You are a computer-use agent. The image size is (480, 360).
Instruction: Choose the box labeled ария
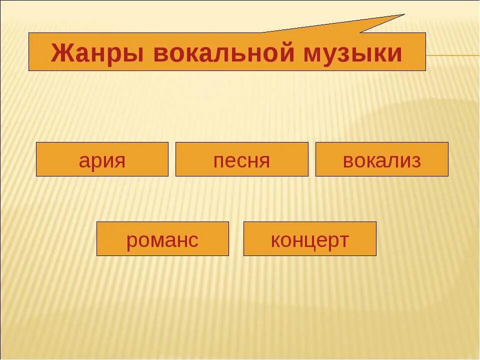point(102,159)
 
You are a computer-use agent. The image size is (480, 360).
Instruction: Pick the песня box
point(241,159)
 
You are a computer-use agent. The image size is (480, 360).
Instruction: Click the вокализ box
point(381,159)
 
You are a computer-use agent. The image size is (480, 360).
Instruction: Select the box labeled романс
point(162,239)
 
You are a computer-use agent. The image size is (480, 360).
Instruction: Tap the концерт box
point(309,239)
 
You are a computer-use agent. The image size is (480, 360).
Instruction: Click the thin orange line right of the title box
point(452,55)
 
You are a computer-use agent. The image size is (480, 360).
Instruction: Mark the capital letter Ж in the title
point(61,53)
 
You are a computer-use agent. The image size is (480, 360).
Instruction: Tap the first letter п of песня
point(218,160)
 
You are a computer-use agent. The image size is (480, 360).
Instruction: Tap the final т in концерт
point(343,240)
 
